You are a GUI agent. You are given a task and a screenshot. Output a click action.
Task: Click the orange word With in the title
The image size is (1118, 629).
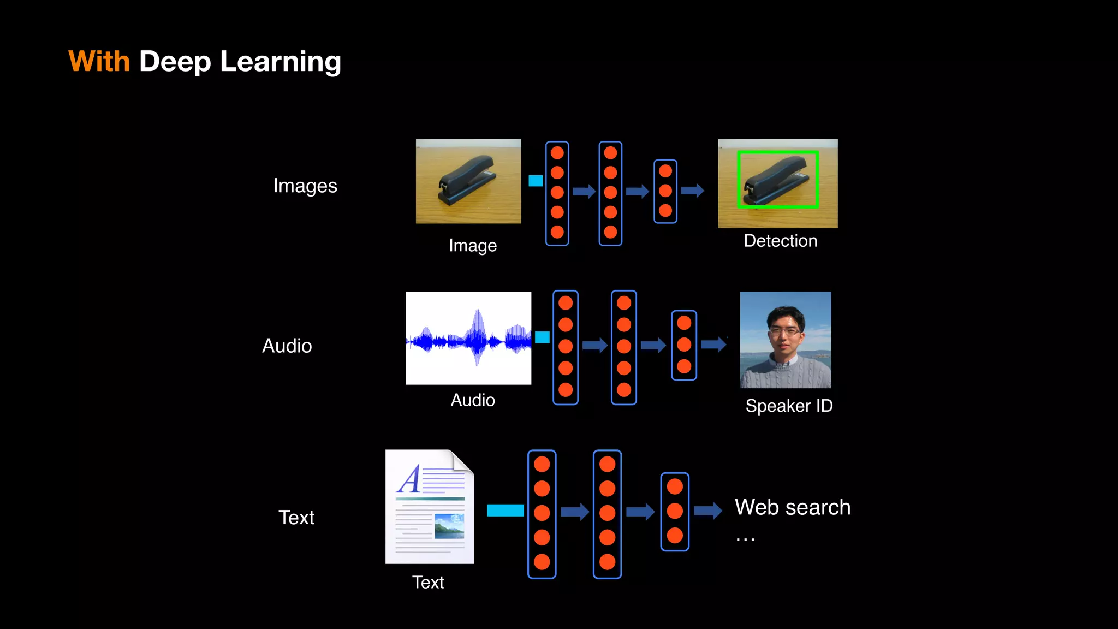(x=99, y=61)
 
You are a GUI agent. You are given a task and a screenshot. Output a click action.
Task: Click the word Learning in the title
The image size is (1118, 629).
(x=281, y=62)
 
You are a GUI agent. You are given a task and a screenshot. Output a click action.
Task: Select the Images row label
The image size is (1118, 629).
(x=305, y=186)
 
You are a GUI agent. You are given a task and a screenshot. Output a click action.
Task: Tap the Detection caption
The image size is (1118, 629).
(x=780, y=241)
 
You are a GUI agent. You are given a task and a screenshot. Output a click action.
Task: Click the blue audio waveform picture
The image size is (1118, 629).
(x=468, y=338)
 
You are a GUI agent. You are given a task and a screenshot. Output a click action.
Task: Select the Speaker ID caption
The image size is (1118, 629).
(x=789, y=406)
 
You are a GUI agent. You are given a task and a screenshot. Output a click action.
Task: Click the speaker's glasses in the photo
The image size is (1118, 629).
(x=784, y=331)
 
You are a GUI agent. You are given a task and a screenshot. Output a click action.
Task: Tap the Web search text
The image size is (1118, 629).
(x=793, y=507)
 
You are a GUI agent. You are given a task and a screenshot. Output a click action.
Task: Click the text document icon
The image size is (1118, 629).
(x=430, y=507)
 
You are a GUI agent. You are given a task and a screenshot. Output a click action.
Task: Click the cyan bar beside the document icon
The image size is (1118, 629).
(x=505, y=511)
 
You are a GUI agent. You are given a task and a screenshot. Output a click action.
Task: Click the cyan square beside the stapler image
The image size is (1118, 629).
(x=536, y=181)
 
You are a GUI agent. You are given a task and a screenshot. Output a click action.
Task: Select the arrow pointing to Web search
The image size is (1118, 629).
(x=708, y=511)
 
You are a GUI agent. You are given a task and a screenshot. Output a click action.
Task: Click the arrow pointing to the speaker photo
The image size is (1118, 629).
(x=713, y=344)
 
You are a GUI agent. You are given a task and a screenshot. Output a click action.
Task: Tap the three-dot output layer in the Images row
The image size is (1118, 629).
(x=665, y=191)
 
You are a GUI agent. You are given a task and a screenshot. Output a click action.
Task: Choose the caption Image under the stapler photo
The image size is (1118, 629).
(x=473, y=246)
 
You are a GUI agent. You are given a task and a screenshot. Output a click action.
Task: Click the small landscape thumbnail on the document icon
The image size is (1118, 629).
(x=449, y=526)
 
